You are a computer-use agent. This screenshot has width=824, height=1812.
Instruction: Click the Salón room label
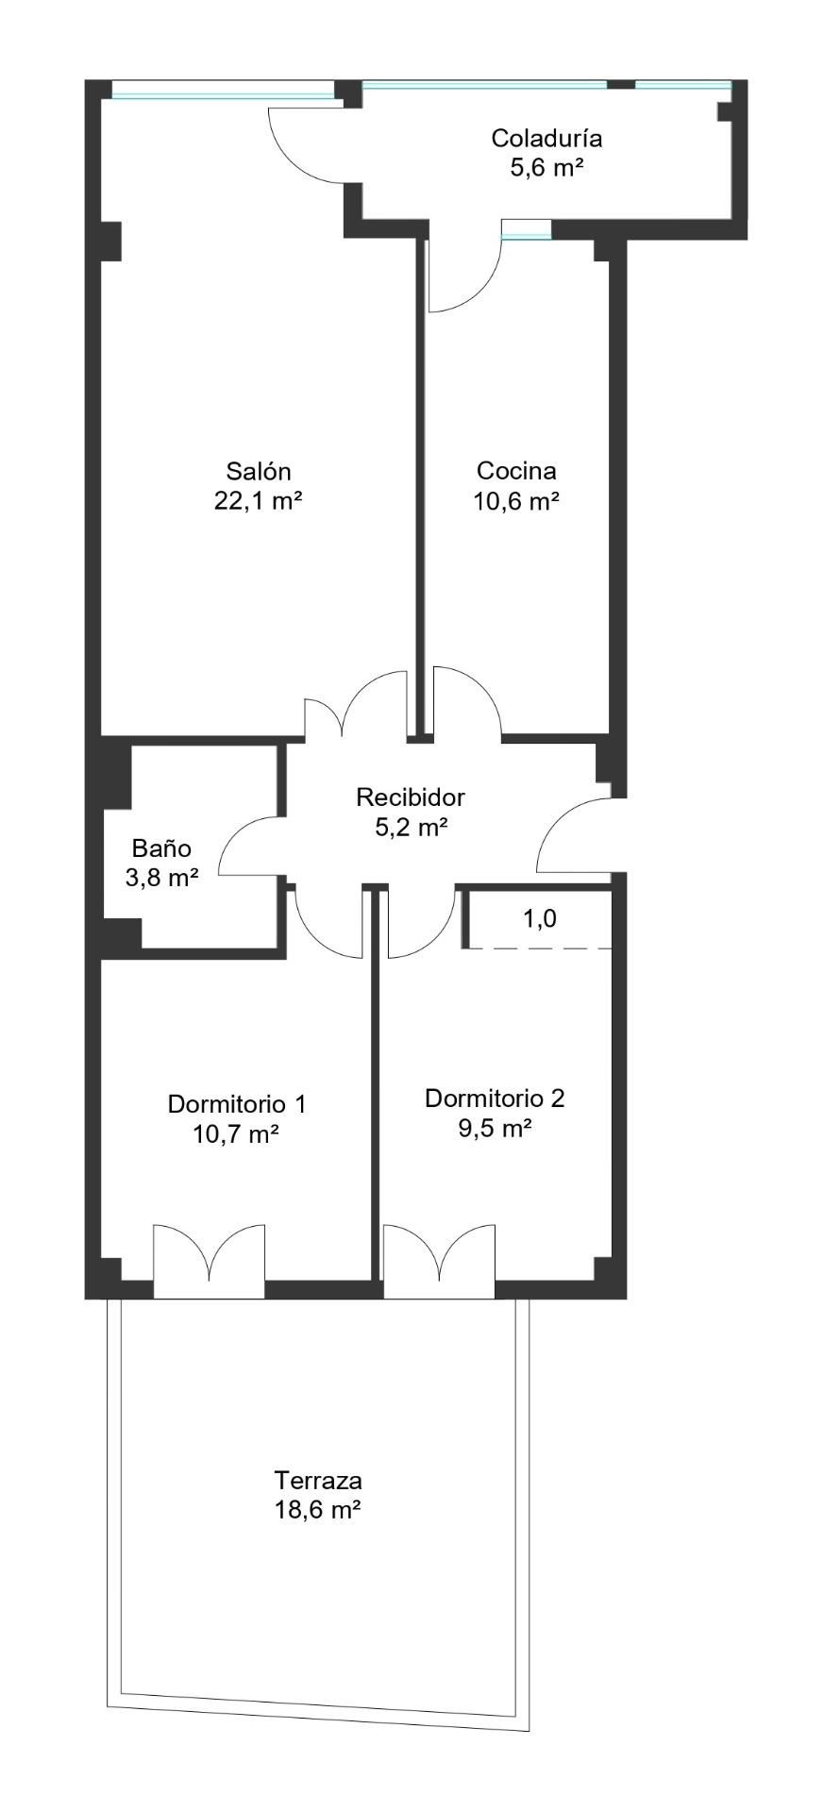[258, 470]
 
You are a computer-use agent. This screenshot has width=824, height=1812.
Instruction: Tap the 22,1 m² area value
[258, 500]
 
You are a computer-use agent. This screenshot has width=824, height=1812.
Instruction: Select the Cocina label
[515, 470]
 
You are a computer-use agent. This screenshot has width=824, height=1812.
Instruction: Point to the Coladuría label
[546, 139]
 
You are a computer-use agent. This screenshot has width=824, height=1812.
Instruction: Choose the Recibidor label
[410, 797]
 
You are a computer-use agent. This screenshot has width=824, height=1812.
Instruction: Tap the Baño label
[161, 847]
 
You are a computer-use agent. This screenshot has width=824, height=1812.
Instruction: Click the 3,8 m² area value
[161, 878]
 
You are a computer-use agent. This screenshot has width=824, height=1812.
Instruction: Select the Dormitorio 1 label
[236, 1103]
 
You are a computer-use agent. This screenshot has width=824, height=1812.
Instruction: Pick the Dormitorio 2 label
[494, 1098]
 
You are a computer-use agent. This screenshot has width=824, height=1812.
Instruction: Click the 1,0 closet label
[539, 918]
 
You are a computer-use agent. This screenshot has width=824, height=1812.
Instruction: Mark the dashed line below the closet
[538, 948]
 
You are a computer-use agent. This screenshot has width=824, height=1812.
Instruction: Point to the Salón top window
[223, 92]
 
